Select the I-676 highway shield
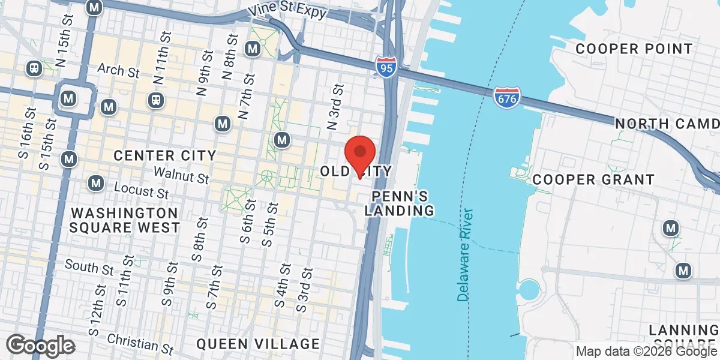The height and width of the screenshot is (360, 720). tap(507, 97)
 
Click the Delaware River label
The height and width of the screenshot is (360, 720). tap(465, 255)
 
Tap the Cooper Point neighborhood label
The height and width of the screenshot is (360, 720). tap(634, 49)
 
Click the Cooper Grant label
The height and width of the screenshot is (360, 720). tap(593, 179)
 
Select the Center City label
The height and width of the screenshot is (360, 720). tap(165, 156)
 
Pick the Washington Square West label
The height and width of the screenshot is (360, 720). tap(124, 220)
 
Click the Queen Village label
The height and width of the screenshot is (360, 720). tap(258, 344)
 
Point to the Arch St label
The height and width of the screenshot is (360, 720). tap(118, 71)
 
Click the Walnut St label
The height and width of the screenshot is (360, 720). tap(181, 175)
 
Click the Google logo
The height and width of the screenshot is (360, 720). tap(40, 346)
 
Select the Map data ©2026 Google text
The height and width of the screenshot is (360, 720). tap(647, 351)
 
